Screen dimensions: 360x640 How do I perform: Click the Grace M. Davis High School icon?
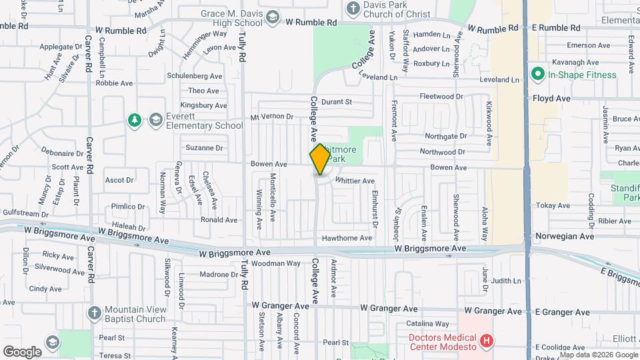[272, 17]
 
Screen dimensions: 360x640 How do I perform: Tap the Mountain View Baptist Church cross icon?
[95, 313]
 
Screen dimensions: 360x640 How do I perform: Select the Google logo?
[22, 351]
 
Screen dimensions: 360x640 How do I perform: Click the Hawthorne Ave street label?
[347, 238]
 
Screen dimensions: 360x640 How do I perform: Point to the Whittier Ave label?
[355, 181]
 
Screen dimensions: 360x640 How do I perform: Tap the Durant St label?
[336, 102]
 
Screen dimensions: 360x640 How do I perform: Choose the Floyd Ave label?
[551, 98]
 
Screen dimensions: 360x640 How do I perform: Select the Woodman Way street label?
[276, 264]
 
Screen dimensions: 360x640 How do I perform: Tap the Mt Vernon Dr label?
[271, 117]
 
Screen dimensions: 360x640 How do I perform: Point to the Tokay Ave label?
[554, 205]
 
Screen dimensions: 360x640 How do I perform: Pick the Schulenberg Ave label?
[195, 76]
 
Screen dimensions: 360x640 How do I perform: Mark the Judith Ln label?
[506, 281]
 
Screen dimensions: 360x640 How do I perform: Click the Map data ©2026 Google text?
[597, 355]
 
